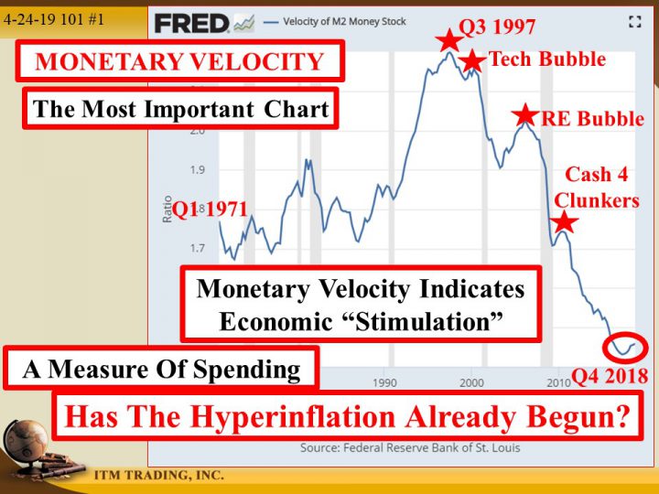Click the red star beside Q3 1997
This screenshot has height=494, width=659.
(448, 39)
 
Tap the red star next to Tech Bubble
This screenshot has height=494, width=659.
(471, 61)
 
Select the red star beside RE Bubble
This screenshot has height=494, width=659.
(524, 115)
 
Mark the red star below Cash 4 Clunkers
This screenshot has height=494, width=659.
(564, 221)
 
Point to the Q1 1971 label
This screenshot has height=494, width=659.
(211, 209)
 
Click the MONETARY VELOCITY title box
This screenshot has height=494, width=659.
(179, 62)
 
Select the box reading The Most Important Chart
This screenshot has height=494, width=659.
(180, 110)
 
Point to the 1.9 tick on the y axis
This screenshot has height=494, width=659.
(199, 170)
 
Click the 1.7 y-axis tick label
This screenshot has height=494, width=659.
(199, 248)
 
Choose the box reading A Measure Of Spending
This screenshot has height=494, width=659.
(162, 370)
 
